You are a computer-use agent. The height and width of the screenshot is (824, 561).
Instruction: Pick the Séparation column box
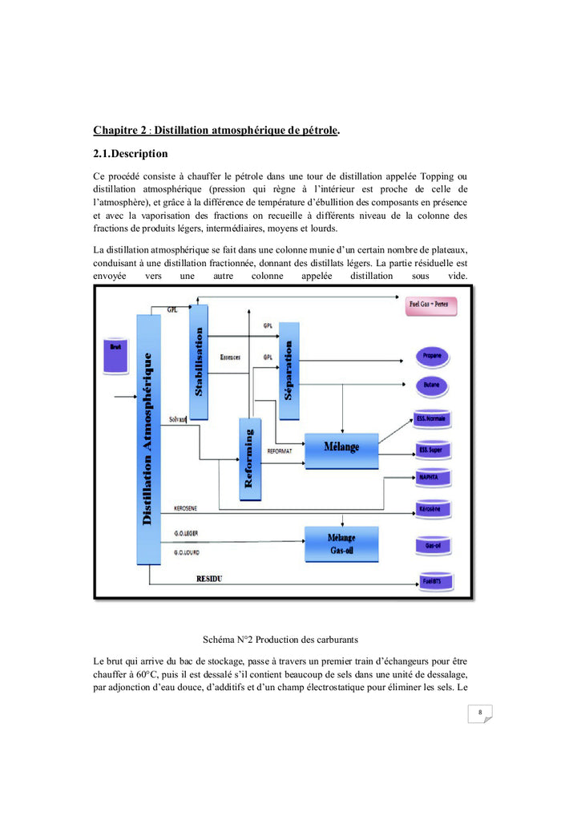(289, 370)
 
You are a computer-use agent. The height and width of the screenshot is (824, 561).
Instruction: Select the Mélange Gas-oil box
(341, 542)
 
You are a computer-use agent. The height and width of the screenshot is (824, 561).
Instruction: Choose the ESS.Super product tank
(431, 450)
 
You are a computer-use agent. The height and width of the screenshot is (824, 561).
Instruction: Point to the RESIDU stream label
(209, 578)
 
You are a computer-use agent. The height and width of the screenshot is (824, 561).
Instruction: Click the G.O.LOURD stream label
(188, 552)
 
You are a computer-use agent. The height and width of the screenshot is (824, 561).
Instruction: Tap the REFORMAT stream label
(279, 451)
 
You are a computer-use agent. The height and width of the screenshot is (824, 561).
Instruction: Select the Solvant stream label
(178, 419)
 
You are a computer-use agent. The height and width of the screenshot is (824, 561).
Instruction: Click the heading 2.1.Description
(131, 153)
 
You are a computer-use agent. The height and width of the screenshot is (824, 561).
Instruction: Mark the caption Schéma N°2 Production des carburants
(280, 640)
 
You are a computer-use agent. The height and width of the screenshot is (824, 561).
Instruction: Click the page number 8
(479, 712)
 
